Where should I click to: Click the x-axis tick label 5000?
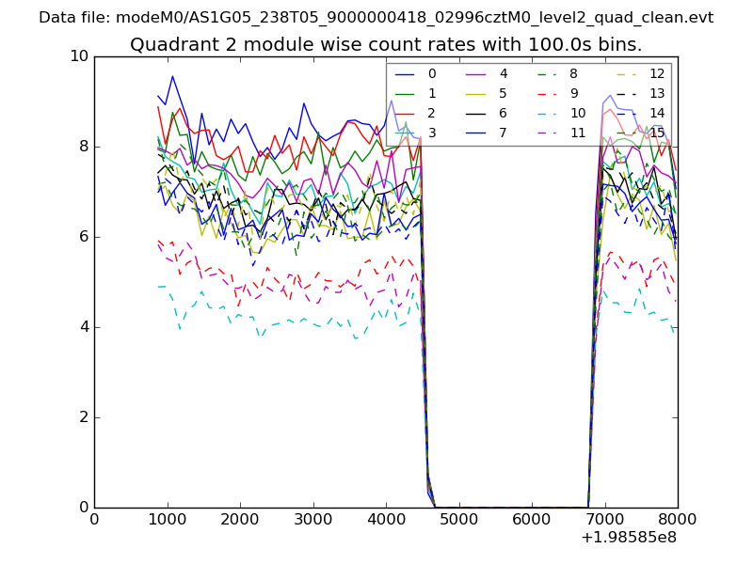458,520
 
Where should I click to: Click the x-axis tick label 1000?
167,520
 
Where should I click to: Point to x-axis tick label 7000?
604,520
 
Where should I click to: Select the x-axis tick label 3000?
312,520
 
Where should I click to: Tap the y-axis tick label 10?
79,56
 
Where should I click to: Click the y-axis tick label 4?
84,327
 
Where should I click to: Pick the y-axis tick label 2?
84,417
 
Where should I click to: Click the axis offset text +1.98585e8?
629,539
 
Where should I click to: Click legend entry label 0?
432,73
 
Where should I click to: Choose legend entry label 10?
577,113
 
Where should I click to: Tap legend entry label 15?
657,133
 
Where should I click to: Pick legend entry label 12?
657,73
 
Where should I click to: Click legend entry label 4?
503,73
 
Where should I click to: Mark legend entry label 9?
573,93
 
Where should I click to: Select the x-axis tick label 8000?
678,520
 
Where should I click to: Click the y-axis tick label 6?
84,237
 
